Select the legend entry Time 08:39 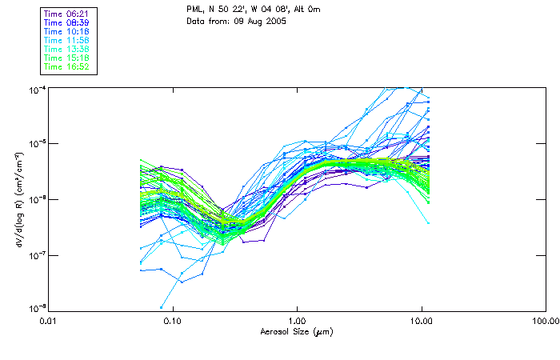tap(67, 23)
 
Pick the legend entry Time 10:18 tap(67, 32)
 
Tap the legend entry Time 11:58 tap(67, 41)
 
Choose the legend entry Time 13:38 tap(67, 50)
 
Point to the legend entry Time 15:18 tap(67, 58)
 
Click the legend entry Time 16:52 tap(67, 67)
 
